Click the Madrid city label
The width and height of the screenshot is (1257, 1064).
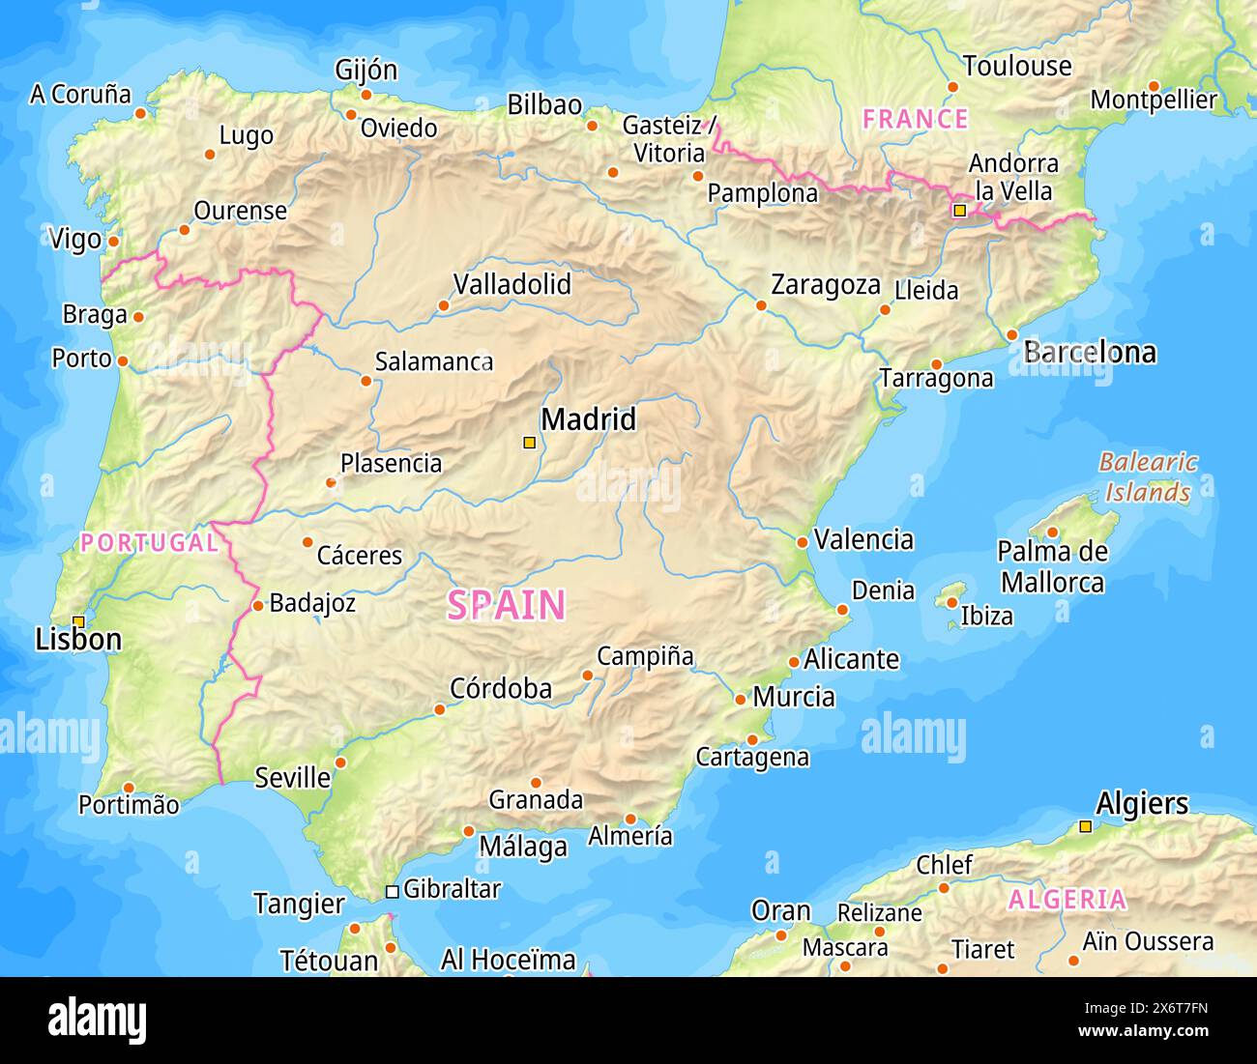[x=588, y=419]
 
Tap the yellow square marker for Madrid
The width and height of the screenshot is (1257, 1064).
[x=529, y=443]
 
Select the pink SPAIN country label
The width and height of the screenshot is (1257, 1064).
[x=506, y=605]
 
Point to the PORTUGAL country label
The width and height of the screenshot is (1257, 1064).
[x=149, y=542]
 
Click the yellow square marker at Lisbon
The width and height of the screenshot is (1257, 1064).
[x=78, y=621]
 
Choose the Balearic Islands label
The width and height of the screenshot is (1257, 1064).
[x=1148, y=477]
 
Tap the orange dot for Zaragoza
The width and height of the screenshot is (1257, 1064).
[x=761, y=305]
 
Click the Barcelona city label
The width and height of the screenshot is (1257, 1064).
[x=1090, y=352]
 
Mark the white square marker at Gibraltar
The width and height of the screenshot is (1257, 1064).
[x=392, y=891]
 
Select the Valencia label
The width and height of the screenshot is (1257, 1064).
[x=863, y=539]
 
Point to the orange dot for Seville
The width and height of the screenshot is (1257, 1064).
[x=340, y=762]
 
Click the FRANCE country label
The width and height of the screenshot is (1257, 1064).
[x=915, y=119]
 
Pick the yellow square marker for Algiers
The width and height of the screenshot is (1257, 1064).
[x=1086, y=826]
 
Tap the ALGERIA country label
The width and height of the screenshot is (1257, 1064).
[x=1067, y=900]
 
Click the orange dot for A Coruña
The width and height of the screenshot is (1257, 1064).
[x=140, y=113]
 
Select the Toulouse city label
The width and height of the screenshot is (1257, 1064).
[x=1017, y=66]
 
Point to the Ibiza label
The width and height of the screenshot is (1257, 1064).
[x=986, y=616]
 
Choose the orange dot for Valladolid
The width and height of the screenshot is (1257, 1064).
[x=444, y=305]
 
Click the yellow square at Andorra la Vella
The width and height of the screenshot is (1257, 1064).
[x=959, y=210]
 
